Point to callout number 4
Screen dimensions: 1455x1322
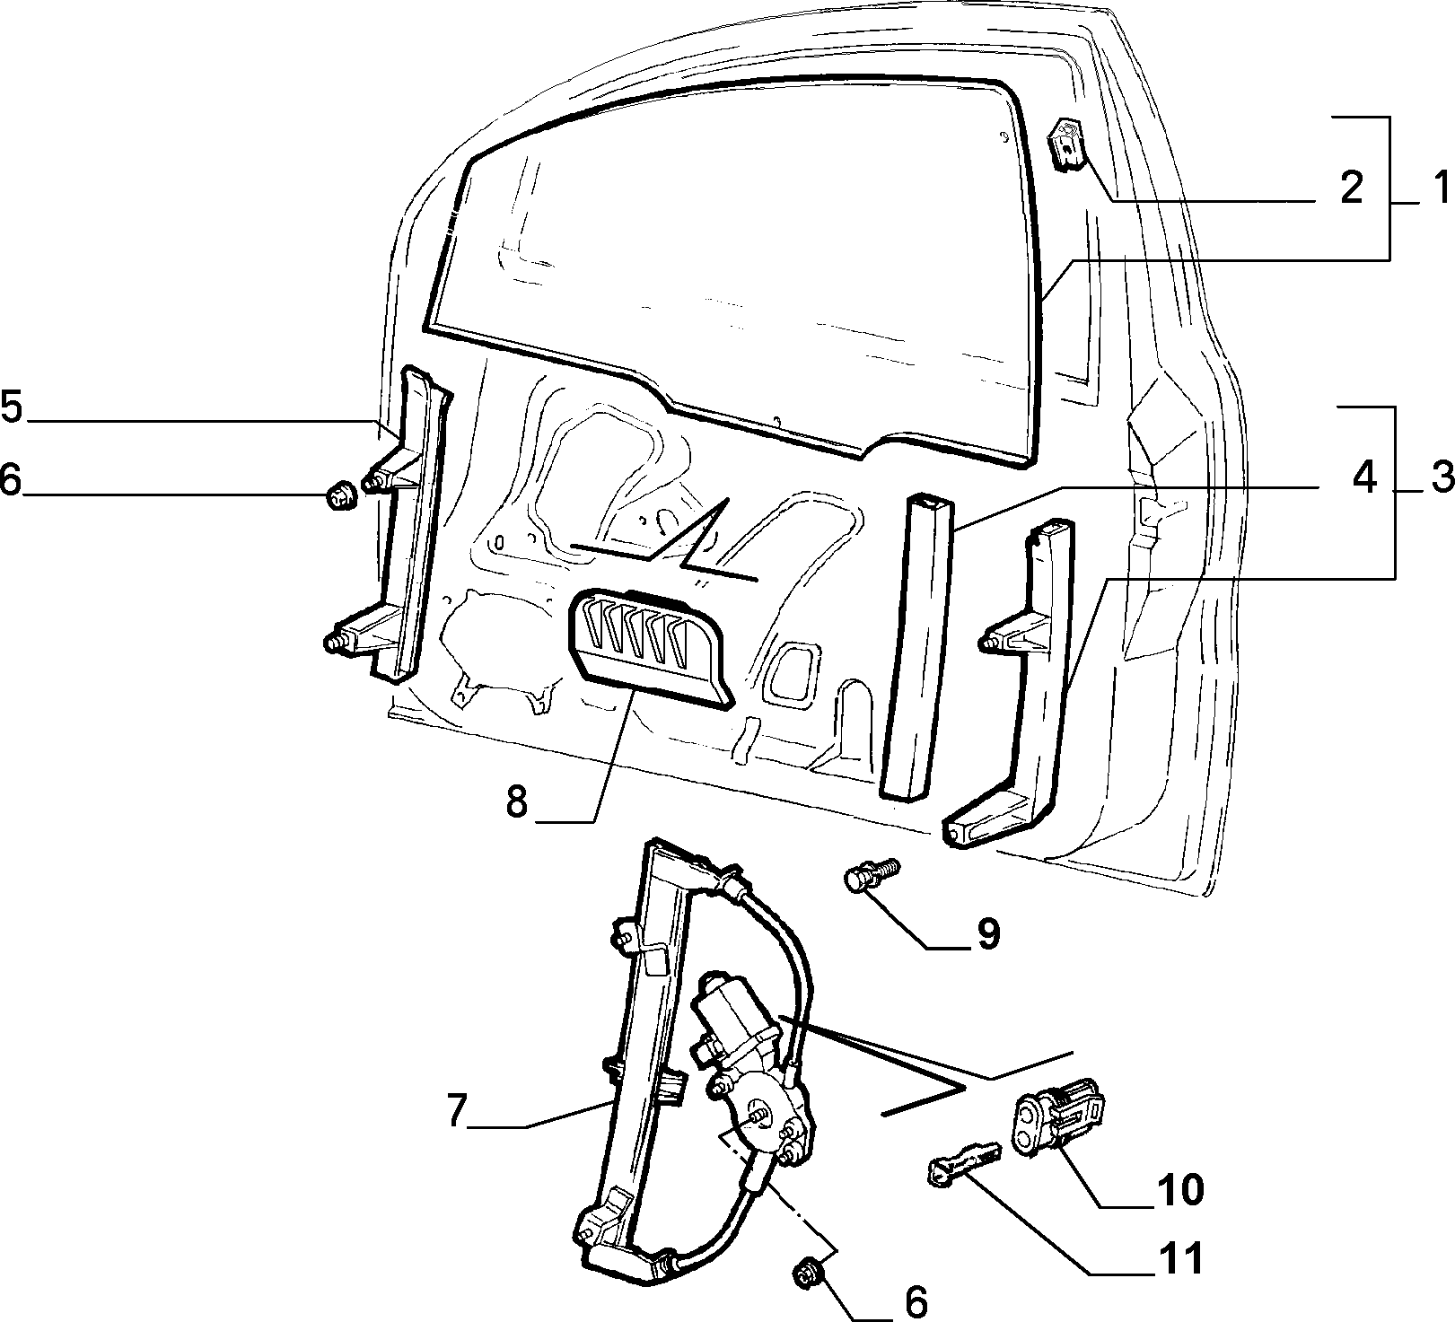[x=1363, y=478]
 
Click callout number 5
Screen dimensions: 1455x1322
[x=12, y=405]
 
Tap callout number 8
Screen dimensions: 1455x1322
[x=516, y=801]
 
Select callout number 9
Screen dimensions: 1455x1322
[x=986, y=934]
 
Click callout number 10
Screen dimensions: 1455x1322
[x=1177, y=1191]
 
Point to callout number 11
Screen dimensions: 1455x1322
[x=1177, y=1259]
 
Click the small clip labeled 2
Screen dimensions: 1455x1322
[x=1066, y=144]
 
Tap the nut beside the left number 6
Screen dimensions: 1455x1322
[x=340, y=495]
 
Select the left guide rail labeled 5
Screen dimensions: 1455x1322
[x=401, y=525]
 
